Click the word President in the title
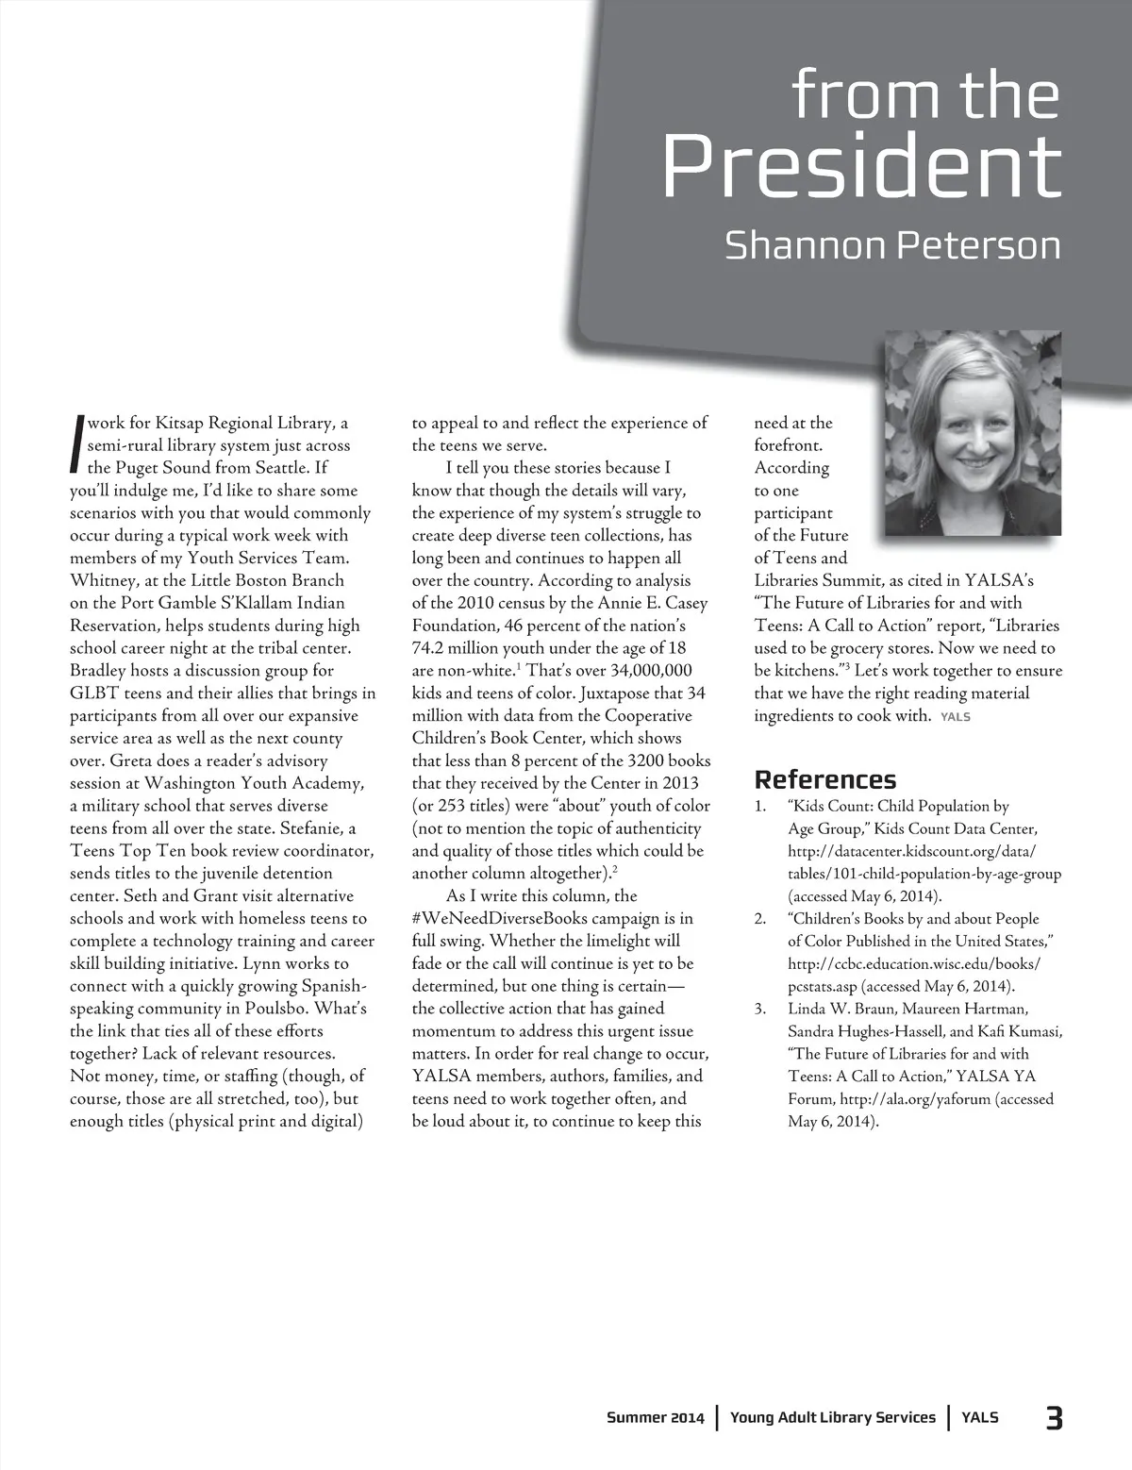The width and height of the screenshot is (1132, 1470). click(x=860, y=168)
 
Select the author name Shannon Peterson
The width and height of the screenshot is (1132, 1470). click(x=892, y=245)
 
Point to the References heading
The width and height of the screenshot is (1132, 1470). click(x=825, y=779)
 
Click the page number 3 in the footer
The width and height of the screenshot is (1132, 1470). click(x=1054, y=1417)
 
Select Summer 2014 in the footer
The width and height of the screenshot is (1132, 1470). click(x=655, y=1417)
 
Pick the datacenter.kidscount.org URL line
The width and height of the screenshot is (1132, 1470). click(x=911, y=851)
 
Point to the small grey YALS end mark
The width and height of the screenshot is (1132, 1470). click(x=956, y=717)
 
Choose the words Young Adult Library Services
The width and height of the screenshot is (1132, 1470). click(x=833, y=1417)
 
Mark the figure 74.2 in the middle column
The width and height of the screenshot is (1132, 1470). click(x=432, y=648)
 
